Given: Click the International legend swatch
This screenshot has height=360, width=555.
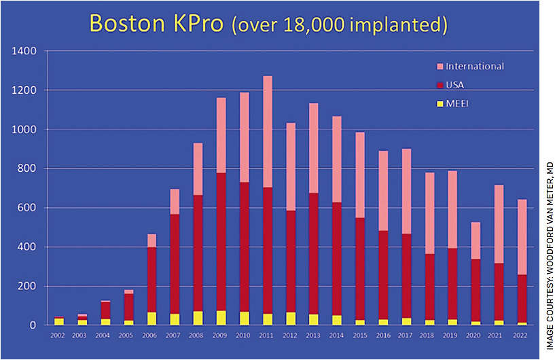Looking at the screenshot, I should [440, 67].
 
